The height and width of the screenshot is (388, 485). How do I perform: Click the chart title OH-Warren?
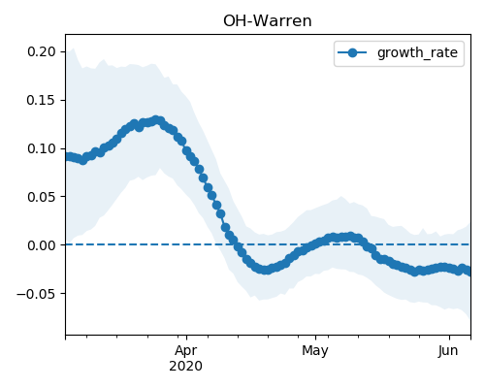268,21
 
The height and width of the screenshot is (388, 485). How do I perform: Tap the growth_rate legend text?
417,53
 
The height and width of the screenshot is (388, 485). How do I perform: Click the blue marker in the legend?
352,52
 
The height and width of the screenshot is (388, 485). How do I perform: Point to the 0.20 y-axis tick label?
42,51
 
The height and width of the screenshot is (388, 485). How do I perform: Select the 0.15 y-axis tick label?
42,100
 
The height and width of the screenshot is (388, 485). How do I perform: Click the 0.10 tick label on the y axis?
42,148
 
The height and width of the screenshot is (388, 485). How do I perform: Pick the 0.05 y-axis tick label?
42,197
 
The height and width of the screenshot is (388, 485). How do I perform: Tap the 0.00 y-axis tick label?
42,245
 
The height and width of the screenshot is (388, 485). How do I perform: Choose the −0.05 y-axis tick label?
36,294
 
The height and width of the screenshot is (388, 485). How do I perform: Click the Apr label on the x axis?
186,350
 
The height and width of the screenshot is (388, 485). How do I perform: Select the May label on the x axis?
315,350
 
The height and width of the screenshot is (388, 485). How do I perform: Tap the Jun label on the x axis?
448,350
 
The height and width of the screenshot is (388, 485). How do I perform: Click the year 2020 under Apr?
186,366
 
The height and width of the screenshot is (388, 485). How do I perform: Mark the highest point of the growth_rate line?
156,120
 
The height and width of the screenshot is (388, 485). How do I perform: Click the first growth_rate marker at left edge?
67,157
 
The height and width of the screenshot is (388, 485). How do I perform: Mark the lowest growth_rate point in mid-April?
266,270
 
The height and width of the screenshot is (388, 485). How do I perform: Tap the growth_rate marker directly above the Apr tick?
186,150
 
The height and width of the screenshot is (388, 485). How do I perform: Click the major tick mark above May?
315,338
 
